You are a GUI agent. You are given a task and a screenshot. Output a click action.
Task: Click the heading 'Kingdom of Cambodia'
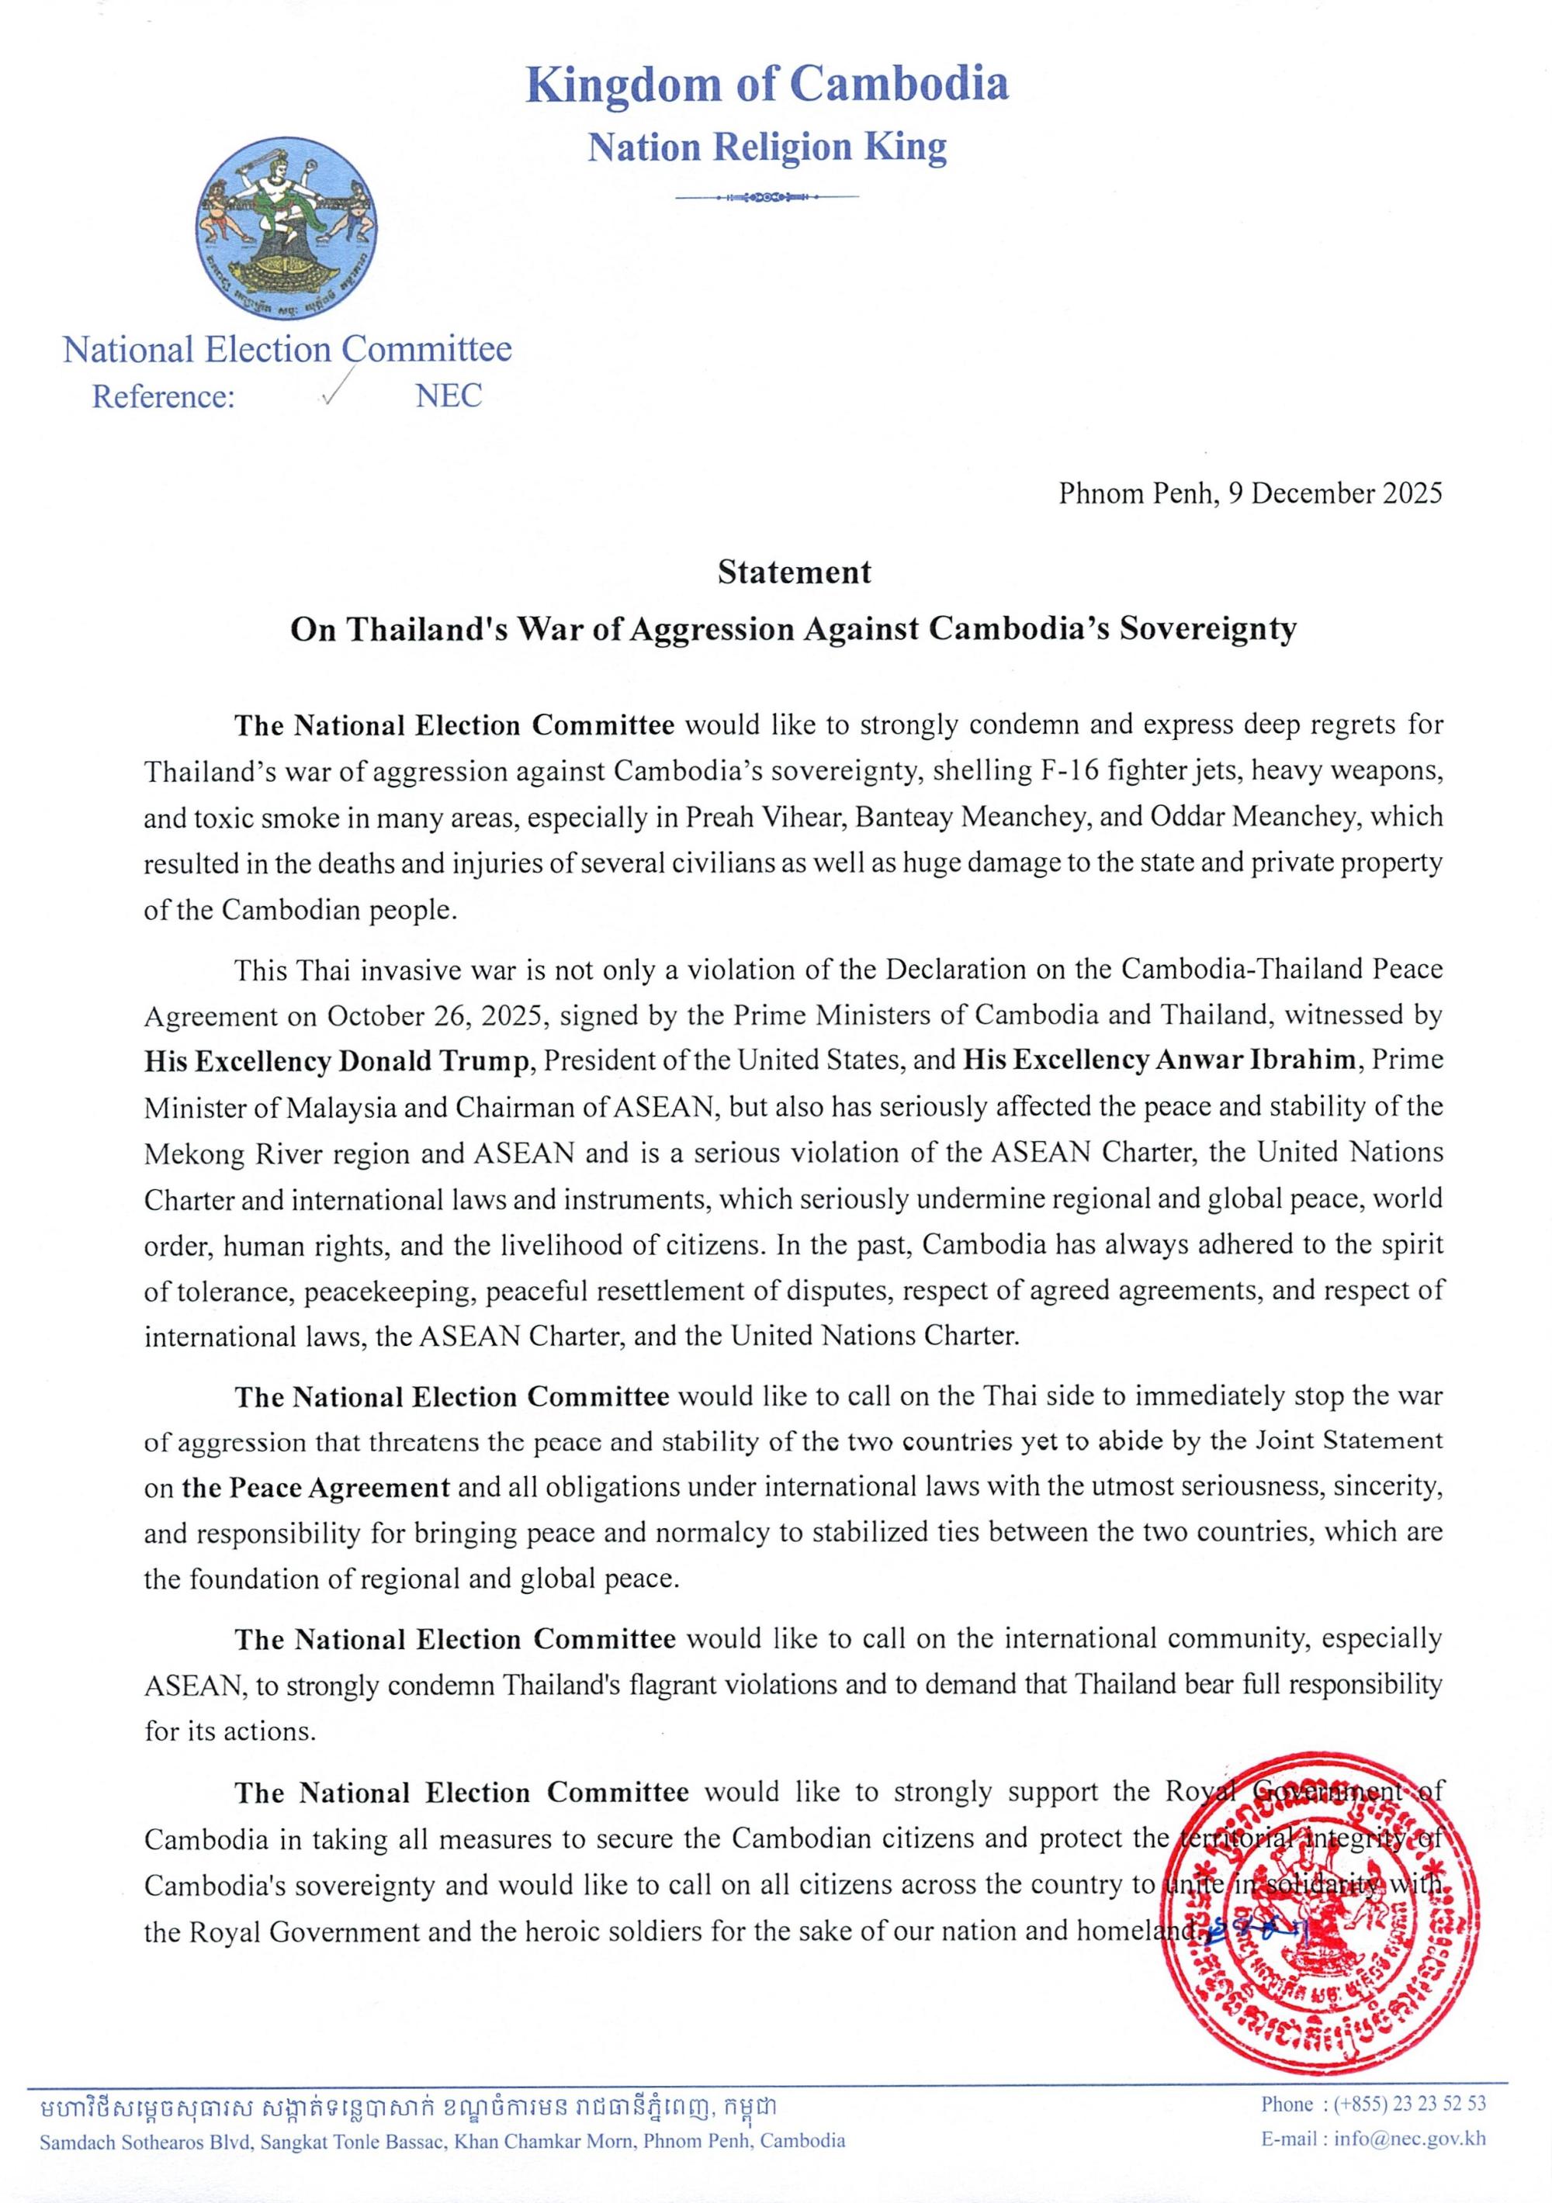[767, 85]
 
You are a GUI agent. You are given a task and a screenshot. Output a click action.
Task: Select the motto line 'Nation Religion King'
[767, 147]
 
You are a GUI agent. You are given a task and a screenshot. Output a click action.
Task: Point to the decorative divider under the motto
[767, 198]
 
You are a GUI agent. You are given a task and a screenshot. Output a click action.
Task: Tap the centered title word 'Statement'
[795, 572]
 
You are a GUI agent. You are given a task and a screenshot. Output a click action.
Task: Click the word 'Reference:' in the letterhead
[163, 396]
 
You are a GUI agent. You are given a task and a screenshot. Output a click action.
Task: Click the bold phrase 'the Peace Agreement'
[316, 1488]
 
